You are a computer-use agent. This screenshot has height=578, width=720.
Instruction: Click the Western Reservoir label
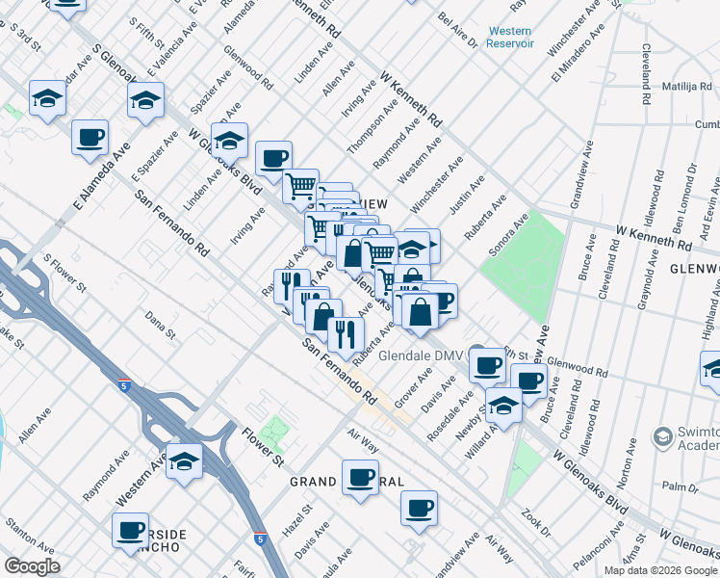(509, 38)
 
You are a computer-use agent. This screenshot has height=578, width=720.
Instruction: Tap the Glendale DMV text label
(421, 355)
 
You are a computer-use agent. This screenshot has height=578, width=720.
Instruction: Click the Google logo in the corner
(32, 565)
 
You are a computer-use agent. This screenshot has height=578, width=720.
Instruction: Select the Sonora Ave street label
(509, 236)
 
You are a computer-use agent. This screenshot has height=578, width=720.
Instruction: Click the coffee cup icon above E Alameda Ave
(90, 137)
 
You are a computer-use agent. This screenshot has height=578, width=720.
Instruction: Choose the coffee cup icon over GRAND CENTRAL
(361, 477)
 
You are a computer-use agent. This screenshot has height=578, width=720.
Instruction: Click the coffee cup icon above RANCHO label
(130, 529)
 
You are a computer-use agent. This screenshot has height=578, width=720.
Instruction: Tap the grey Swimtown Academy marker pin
(661, 437)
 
